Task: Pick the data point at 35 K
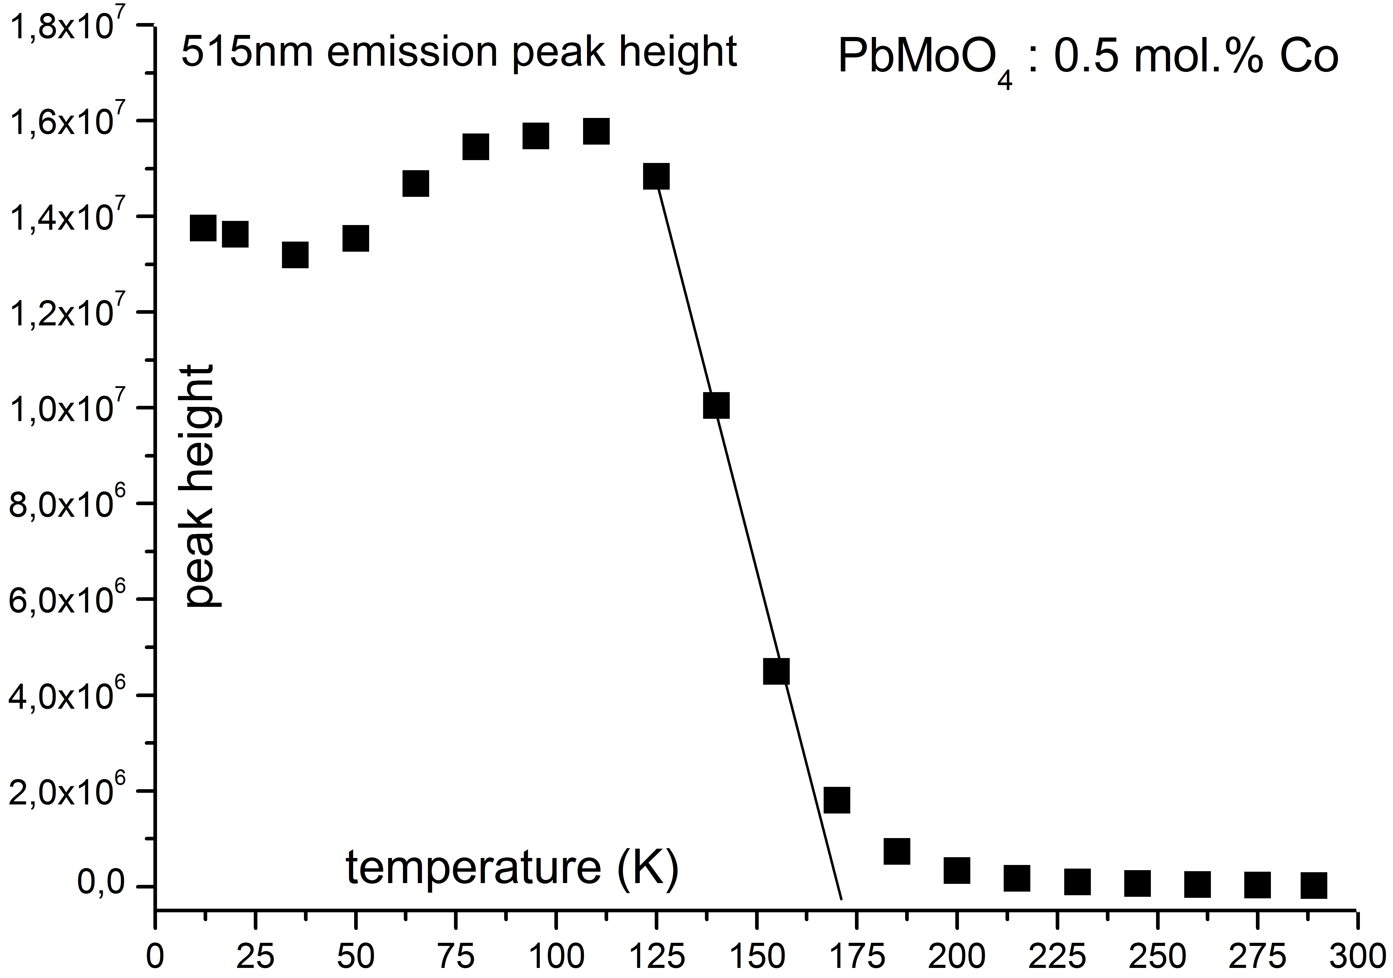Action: coord(295,255)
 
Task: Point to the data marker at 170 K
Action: coord(837,800)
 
